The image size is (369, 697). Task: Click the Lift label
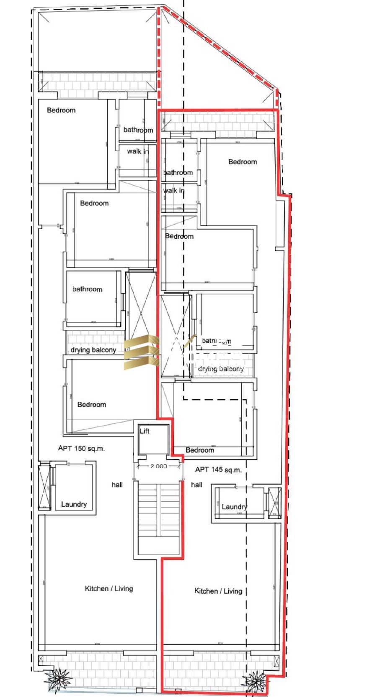click(x=145, y=431)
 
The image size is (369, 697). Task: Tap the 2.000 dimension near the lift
click(x=159, y=466)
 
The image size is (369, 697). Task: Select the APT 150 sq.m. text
click(x=81, y=448)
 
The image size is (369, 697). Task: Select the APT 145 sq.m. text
click(x=218, y=470)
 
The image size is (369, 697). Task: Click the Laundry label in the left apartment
click(x=74, y=504)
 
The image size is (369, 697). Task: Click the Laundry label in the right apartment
click(x=234, y=507)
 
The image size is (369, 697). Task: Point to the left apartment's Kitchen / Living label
click(x=109, y=588)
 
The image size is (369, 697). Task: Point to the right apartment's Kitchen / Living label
click(x=218, y=591)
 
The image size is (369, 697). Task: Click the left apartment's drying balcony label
click(x=93, y=350)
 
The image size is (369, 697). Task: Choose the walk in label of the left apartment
click(x=137, y=151)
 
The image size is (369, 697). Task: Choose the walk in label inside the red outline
click(x=173, y=191)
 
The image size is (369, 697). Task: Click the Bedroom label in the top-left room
click(x=61, y=110)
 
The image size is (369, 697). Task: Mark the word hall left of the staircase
click(x=117, y=485)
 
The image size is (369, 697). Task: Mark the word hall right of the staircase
click(x=196, y=485)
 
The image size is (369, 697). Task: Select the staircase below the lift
click(x=159, y=518)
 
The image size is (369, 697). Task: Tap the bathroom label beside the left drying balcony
click(x=87, y=289)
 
